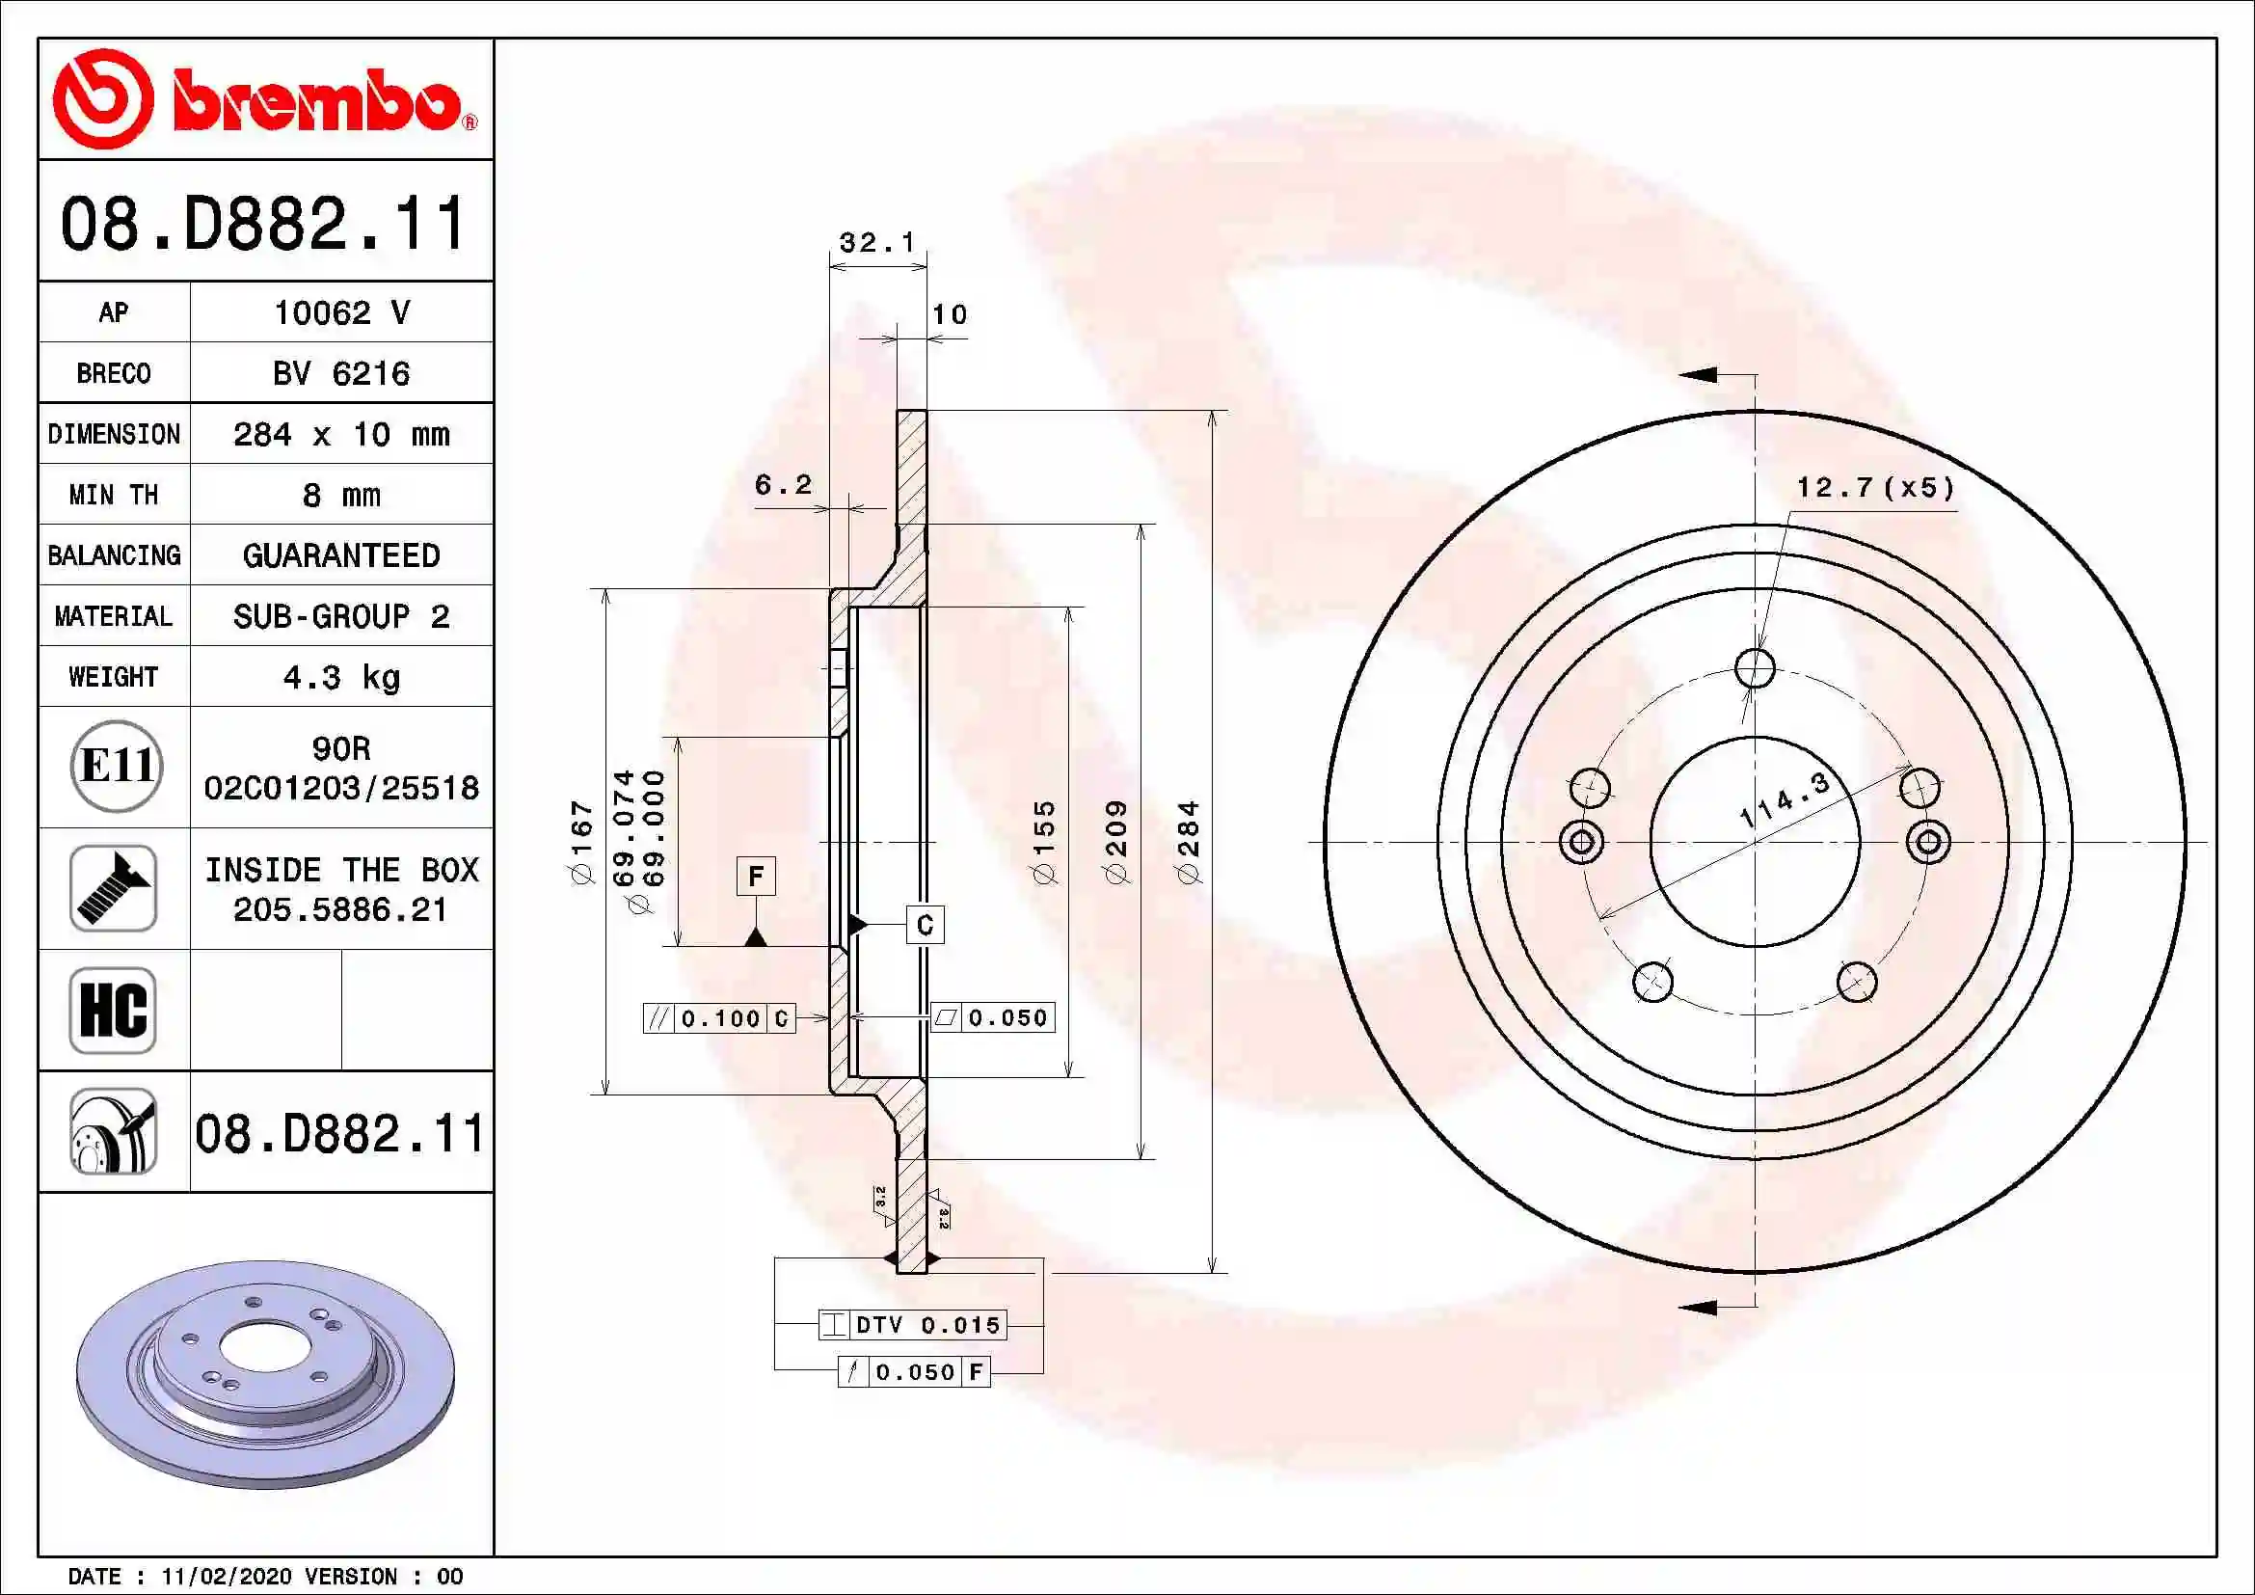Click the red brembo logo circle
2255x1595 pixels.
[102, 99]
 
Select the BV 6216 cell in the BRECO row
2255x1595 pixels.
[340, 373]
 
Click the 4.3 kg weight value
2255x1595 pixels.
[340, 678]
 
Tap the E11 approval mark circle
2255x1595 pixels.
[116, 766]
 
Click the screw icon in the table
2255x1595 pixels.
[114, 888]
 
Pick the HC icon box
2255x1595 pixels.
[114, 1010]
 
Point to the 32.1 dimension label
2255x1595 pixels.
[877, 242]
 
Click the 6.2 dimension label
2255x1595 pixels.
[783, 484]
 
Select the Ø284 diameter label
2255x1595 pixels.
[1189, 842]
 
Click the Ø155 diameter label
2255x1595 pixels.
[1044, 842]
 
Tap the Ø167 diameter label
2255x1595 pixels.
[582, 843]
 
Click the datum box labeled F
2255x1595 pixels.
[755, 875]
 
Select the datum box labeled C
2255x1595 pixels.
[925, 925]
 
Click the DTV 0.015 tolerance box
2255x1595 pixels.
[912, 1325]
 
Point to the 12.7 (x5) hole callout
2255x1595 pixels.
[1875, 488]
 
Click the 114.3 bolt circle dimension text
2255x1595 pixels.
[1784, 799]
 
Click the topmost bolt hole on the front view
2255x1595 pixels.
[1754, 668]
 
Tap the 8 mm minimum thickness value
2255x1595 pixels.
[340, 495]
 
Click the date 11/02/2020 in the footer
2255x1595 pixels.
[226, 1577]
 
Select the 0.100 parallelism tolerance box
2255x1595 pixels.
[719, 1018]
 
